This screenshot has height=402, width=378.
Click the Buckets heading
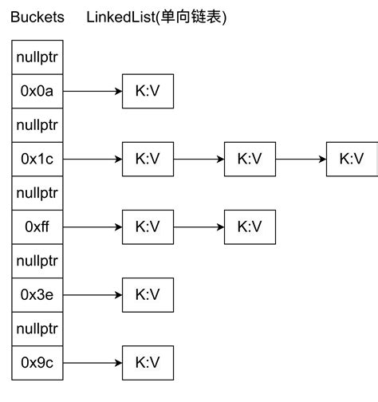[37, 17]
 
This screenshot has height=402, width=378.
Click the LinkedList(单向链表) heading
[156, 17]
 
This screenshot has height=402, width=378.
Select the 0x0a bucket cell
[37, 91]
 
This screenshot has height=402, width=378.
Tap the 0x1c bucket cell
[37, 159]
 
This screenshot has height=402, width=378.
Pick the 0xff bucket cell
[37, 227]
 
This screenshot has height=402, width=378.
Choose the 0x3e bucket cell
[37, 294]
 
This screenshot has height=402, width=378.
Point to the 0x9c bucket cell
[37, 362]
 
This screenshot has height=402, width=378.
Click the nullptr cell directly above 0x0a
[37, 57]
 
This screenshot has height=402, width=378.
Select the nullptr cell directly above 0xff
[37, 193]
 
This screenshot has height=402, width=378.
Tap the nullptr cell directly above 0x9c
[37, 329]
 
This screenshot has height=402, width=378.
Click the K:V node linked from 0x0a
[148, 91]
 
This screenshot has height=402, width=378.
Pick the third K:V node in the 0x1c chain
[352, 159]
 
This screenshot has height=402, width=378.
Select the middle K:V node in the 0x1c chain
[250, 159]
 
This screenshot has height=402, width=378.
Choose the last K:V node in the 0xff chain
[250, 227]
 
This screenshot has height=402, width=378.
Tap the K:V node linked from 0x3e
[148, 294]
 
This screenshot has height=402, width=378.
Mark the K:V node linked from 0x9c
[148, 362]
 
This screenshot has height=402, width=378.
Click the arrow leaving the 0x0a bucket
[93, 91]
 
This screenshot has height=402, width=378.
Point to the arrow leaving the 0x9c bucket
[93, 362]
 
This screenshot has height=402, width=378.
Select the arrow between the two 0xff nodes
[199, 227]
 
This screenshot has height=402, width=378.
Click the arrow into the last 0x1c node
[301, 159]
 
